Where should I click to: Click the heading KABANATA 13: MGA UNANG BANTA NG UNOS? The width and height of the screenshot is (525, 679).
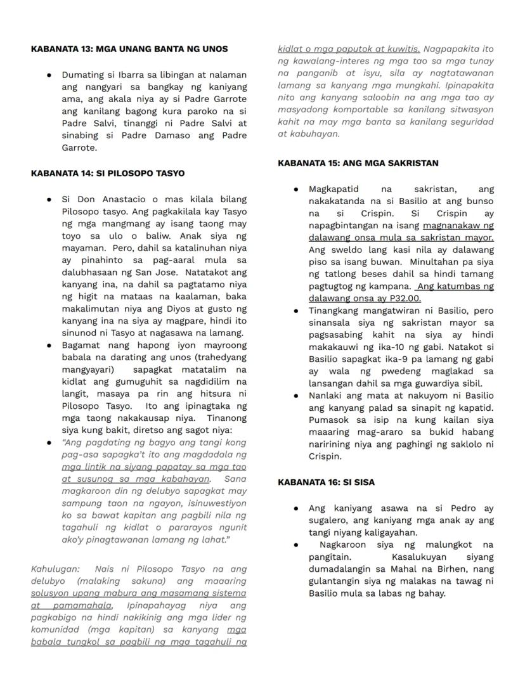(x=129, y=49)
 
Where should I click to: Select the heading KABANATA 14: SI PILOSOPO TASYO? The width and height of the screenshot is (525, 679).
(x=108, y=173)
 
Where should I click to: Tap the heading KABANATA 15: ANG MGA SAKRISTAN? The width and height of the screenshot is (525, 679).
(x=358, y=163)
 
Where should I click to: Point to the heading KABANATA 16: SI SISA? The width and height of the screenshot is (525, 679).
(x=326, y=482)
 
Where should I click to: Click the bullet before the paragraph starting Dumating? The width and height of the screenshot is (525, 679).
(x=49, y=75)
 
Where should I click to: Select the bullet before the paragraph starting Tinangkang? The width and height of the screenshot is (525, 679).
(x=296, y=311)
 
